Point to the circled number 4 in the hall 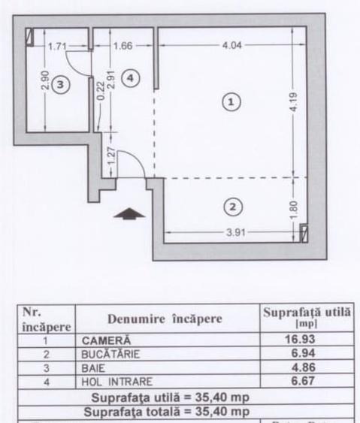pos(130,78)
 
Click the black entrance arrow pos(129,213)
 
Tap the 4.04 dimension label pos(232,45)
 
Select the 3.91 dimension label pos(239,231)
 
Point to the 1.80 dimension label pos(294,205)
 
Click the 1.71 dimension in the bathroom pos(57,46)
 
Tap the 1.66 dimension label pos(122,46)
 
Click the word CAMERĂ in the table pos(106,340)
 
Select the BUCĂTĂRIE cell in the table pos(112,353)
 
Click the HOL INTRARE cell pos(113,381)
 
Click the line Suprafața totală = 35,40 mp pos(166,412)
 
